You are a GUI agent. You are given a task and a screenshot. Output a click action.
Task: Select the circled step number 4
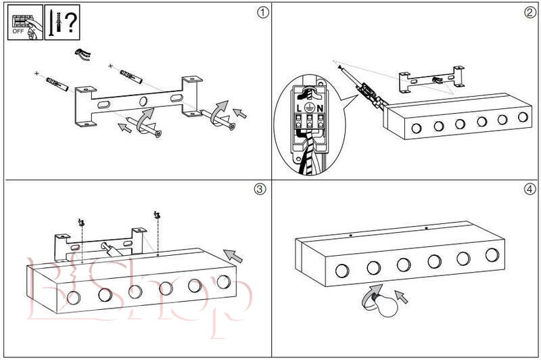[529, 189]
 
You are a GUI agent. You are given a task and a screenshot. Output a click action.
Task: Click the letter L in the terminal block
[298, 108]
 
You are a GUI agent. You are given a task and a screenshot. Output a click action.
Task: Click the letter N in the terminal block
[321, 108]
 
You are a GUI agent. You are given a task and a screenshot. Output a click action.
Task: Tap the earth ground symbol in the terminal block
[310, 107]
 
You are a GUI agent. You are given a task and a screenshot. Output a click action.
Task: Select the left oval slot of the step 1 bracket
[104, 106]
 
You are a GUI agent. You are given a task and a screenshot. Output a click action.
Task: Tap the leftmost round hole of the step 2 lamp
[417, 128]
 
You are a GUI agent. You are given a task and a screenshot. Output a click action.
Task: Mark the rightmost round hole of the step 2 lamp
[522, 117]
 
